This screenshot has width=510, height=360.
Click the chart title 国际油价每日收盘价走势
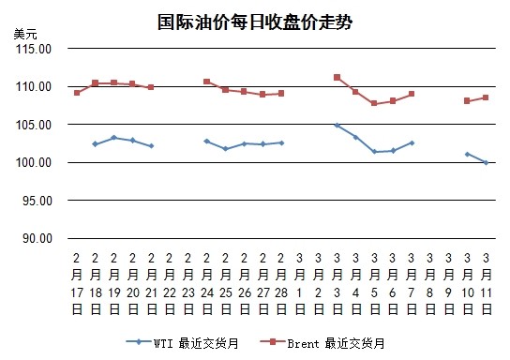point(255,22)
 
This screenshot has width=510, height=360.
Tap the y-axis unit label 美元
point(25,34)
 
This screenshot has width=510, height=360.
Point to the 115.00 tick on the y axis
point(34,49)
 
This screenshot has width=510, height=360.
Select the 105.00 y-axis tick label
point(34,125)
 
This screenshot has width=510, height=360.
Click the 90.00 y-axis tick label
point(37,239)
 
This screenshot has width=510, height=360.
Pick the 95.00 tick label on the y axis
point(37,201)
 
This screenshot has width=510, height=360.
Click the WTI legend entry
point(182,343)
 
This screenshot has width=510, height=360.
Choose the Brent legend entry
point(322,343)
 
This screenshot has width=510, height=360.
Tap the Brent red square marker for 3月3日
point(337,78)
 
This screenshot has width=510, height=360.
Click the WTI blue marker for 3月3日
point(337,126)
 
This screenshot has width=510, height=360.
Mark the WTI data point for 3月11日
point(486,162)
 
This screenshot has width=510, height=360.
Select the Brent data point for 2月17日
point(77,93)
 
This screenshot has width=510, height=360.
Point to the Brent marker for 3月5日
point(374,103)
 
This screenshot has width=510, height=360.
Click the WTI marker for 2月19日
point(113,138)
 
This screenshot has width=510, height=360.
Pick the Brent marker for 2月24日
point(207,82)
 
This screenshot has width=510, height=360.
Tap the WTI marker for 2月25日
point(225,149)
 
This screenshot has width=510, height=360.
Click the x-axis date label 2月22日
point(170,284)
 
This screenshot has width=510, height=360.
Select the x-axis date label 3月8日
point(430,284)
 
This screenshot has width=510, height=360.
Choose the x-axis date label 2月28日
point(281,284)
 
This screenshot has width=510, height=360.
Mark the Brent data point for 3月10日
point(467,101)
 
